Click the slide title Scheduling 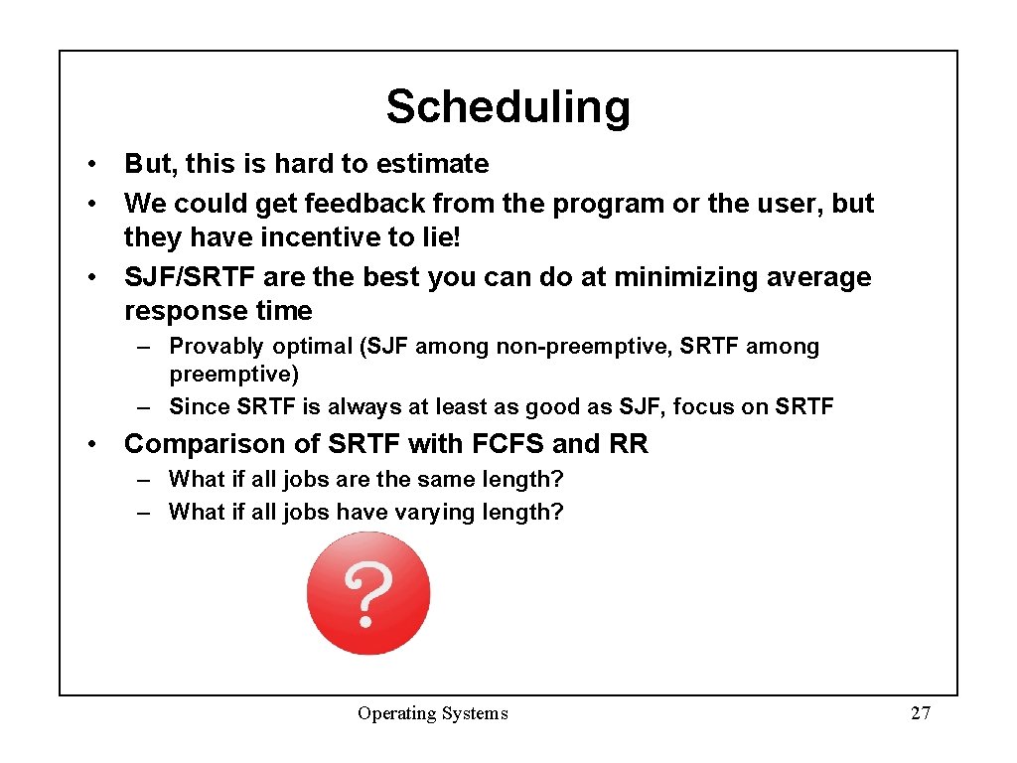[508, 106]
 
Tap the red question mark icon [368, 593]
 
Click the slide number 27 [921, 713]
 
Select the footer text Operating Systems [433, 713]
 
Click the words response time [218, 311]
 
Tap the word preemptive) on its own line [234, 375]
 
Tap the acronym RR [629, 444]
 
